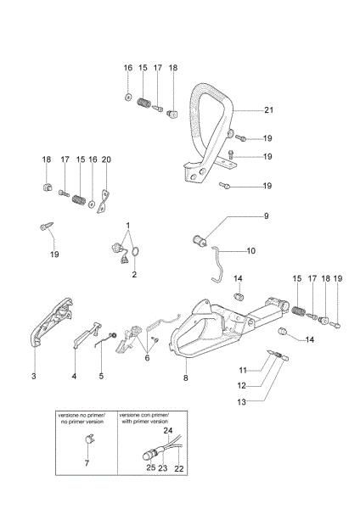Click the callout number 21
(x=268, y=110)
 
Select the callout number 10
(x=250, y=251)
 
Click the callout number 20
(x=106, y=159)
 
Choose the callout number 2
(x=133, y=275)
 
